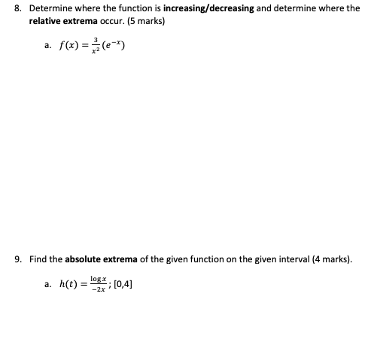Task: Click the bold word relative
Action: (x=45, y=20)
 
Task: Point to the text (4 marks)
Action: (x=328, y=259)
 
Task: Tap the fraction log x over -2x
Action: (x=99, y=285)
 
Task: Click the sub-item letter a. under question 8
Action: (x=47, y=47)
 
